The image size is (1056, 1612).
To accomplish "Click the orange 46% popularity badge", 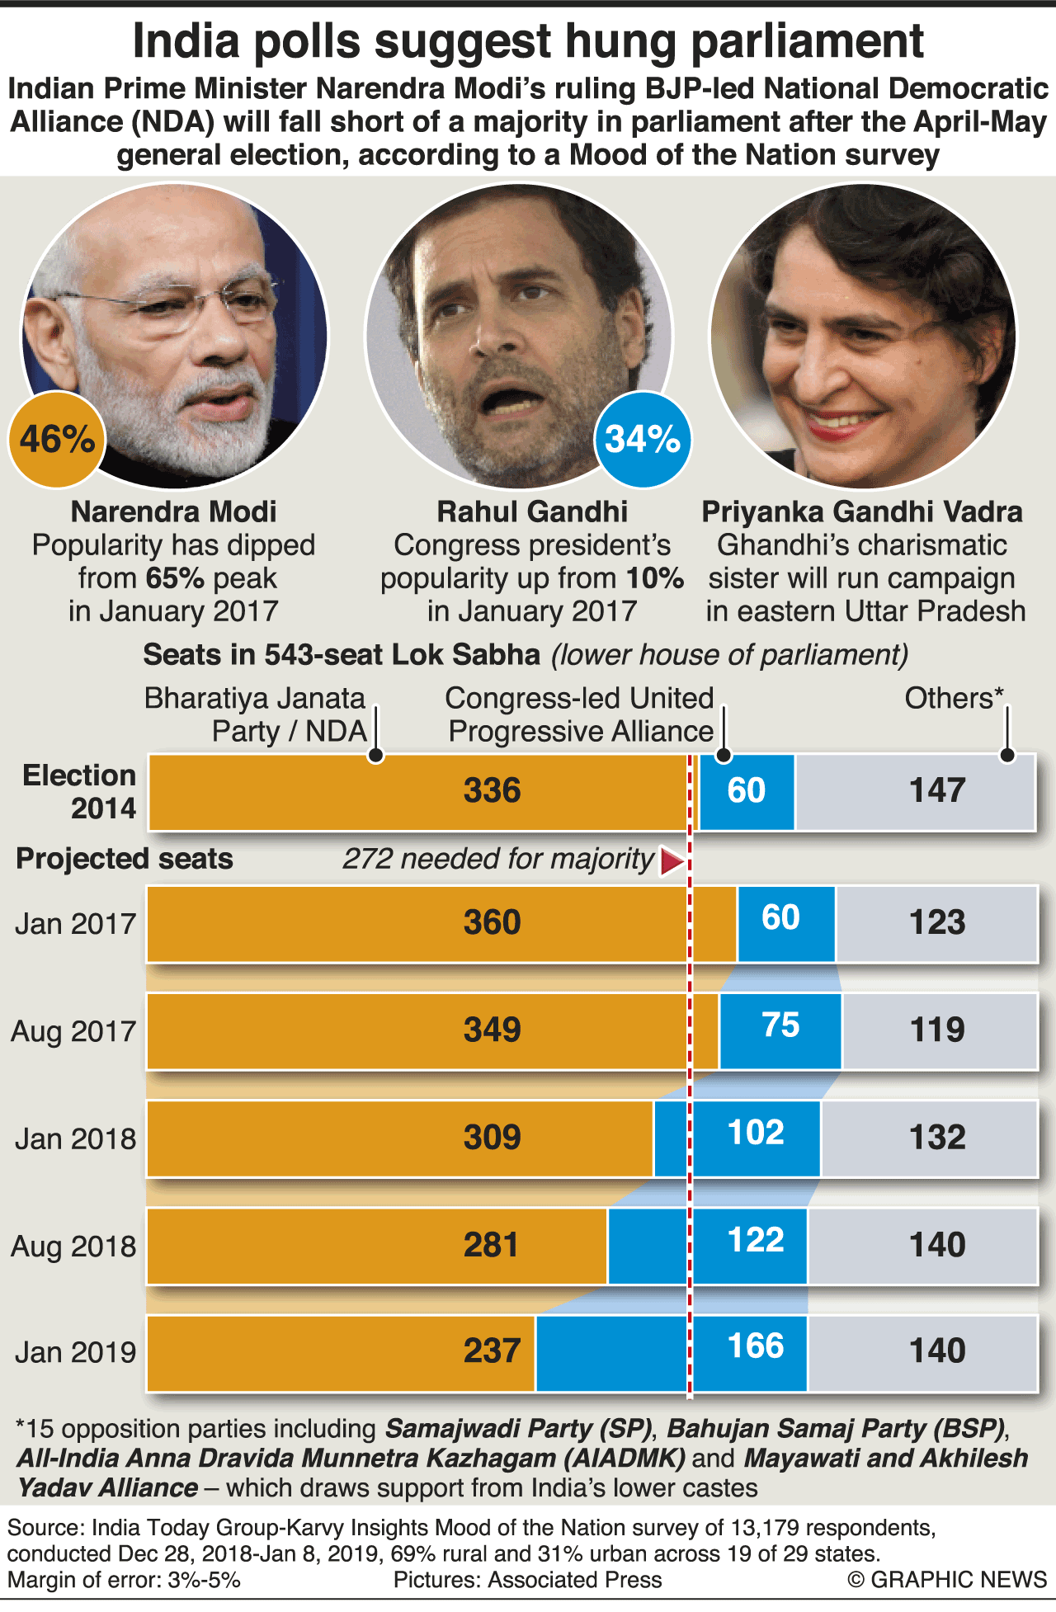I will coord(57,439).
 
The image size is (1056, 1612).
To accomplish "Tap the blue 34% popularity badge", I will coord(642,439).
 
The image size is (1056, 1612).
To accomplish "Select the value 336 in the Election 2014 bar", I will coord(492,790).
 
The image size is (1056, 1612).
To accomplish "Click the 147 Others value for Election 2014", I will coord(937,790).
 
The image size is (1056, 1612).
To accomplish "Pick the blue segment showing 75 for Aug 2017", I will coord(780,1025).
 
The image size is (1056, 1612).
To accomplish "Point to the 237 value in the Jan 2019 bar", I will coord(492,1350).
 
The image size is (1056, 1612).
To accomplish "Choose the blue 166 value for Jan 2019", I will coord(756,1346).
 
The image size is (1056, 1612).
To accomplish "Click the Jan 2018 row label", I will coord(75,1138).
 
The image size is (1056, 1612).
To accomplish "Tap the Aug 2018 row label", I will coord(73,1246).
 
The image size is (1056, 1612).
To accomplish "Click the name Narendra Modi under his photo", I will coord(173,511).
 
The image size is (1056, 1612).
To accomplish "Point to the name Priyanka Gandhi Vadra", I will coord(862,511).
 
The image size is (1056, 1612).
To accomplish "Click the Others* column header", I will coord(954,698).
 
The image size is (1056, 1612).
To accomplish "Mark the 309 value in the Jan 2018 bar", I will coord(492,1138).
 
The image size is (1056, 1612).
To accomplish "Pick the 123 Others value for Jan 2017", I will coord(937,921).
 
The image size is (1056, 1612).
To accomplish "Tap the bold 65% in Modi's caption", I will coord(175,578).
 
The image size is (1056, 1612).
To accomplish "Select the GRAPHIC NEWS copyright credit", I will coord(947,1579).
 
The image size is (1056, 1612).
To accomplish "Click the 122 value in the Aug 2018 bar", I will coord(756,1240).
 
